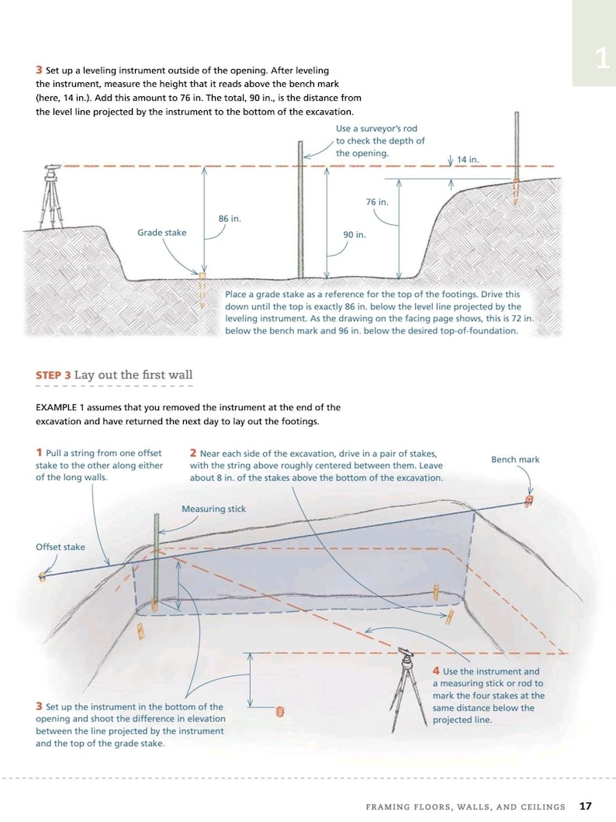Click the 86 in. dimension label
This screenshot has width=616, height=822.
(230, 219)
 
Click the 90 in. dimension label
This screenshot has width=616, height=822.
(354, 234)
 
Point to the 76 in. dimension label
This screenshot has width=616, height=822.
(377, 202)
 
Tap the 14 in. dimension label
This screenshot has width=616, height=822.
(468, 160)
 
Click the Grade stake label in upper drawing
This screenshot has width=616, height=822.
(161, 233)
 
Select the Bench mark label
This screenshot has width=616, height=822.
(515, 460)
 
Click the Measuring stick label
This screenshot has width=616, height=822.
(213, 509)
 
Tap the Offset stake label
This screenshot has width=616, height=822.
(61, 547)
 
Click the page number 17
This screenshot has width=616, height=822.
(585, 806)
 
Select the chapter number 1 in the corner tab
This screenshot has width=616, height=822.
(602, 59)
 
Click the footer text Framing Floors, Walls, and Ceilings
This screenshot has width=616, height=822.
(465, 807)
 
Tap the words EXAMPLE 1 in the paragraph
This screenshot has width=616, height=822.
(61, 407)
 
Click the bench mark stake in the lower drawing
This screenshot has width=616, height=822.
(528, 501)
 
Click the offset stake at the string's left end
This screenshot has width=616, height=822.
(43, 576)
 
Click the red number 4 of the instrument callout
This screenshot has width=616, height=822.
(436, 672)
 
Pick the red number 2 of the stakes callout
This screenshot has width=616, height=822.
(193, 453)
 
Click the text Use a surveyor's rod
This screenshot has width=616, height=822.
(371, 129)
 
